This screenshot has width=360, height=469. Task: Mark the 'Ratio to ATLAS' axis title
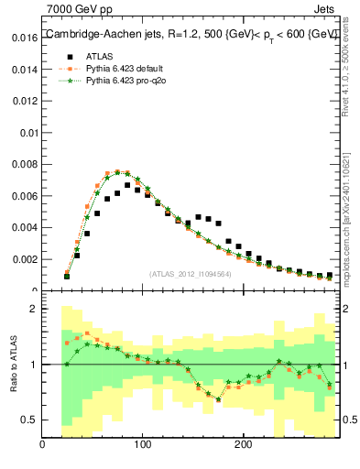tap(13, 365)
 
